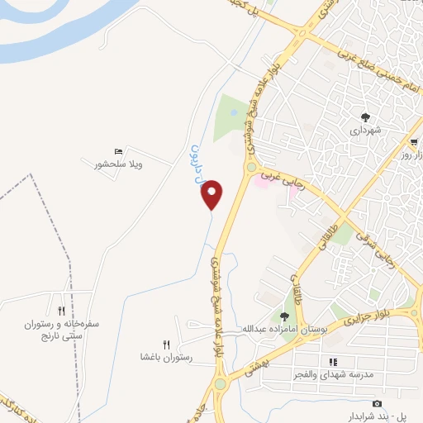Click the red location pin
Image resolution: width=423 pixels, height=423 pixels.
point(213,193)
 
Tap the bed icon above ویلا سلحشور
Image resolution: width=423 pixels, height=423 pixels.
point(119,151)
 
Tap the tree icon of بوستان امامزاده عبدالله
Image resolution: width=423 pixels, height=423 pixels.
point(285,316)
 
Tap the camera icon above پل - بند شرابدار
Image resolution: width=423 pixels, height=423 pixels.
point(377,403)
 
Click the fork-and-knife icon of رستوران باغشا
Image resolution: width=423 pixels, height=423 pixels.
point(166,345)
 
